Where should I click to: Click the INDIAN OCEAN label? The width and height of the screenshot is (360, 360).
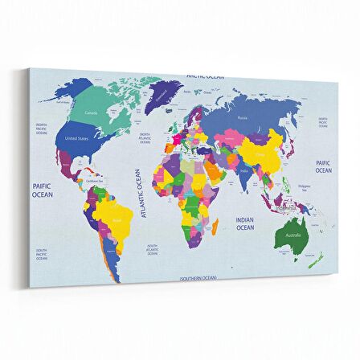point(244,223)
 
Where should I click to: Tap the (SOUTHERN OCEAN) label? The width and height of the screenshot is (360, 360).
point(198,277)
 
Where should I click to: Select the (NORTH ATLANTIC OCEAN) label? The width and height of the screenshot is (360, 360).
point(145,137)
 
